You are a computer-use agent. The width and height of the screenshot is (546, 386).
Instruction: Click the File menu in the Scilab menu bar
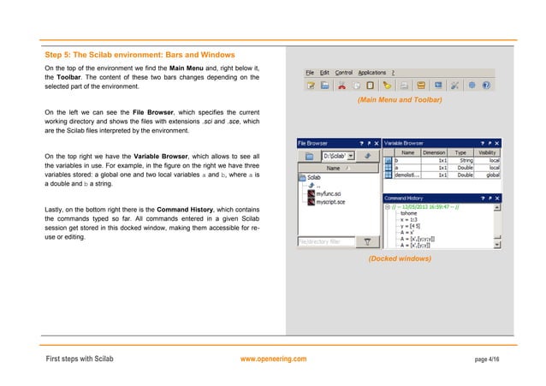310,73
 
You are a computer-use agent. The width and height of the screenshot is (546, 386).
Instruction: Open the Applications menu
371,73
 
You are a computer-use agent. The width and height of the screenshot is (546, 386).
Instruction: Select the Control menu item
343,73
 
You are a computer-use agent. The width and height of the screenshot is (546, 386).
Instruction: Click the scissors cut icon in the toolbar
341,86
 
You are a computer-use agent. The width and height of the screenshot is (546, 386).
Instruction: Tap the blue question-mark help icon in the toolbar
487,86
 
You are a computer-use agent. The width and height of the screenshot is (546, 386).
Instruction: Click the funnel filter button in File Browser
367,242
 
